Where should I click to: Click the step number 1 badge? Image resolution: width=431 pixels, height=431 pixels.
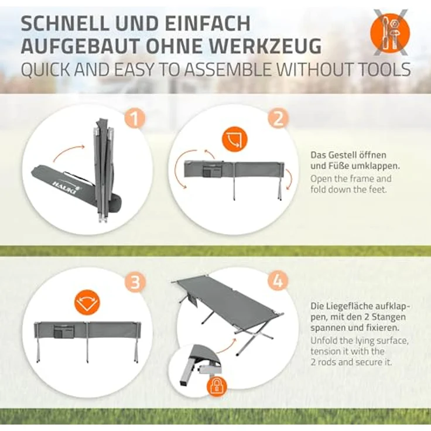[x=135, y=118]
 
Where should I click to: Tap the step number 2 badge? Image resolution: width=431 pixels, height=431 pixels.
[x=278, y=118]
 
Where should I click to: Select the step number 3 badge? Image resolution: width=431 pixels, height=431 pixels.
[x=135, y=281]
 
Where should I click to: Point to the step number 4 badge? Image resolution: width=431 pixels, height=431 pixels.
[x=278, y=281]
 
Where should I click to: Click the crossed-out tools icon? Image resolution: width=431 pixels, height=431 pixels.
[x=390, y=33]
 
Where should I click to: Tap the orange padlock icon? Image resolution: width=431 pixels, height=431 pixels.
[x=217, y=387]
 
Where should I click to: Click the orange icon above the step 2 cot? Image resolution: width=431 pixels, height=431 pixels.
[x=234, y=139]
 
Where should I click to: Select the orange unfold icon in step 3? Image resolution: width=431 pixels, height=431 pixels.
[x=87, y=303]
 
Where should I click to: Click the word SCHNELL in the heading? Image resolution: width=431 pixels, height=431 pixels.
[x=65, y=23]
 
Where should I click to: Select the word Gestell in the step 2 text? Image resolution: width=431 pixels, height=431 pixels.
[x=344, y=155]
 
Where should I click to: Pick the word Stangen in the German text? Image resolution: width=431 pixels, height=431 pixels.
[x=389, y=317]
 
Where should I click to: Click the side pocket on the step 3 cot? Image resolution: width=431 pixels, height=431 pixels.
[x=64, y=332]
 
